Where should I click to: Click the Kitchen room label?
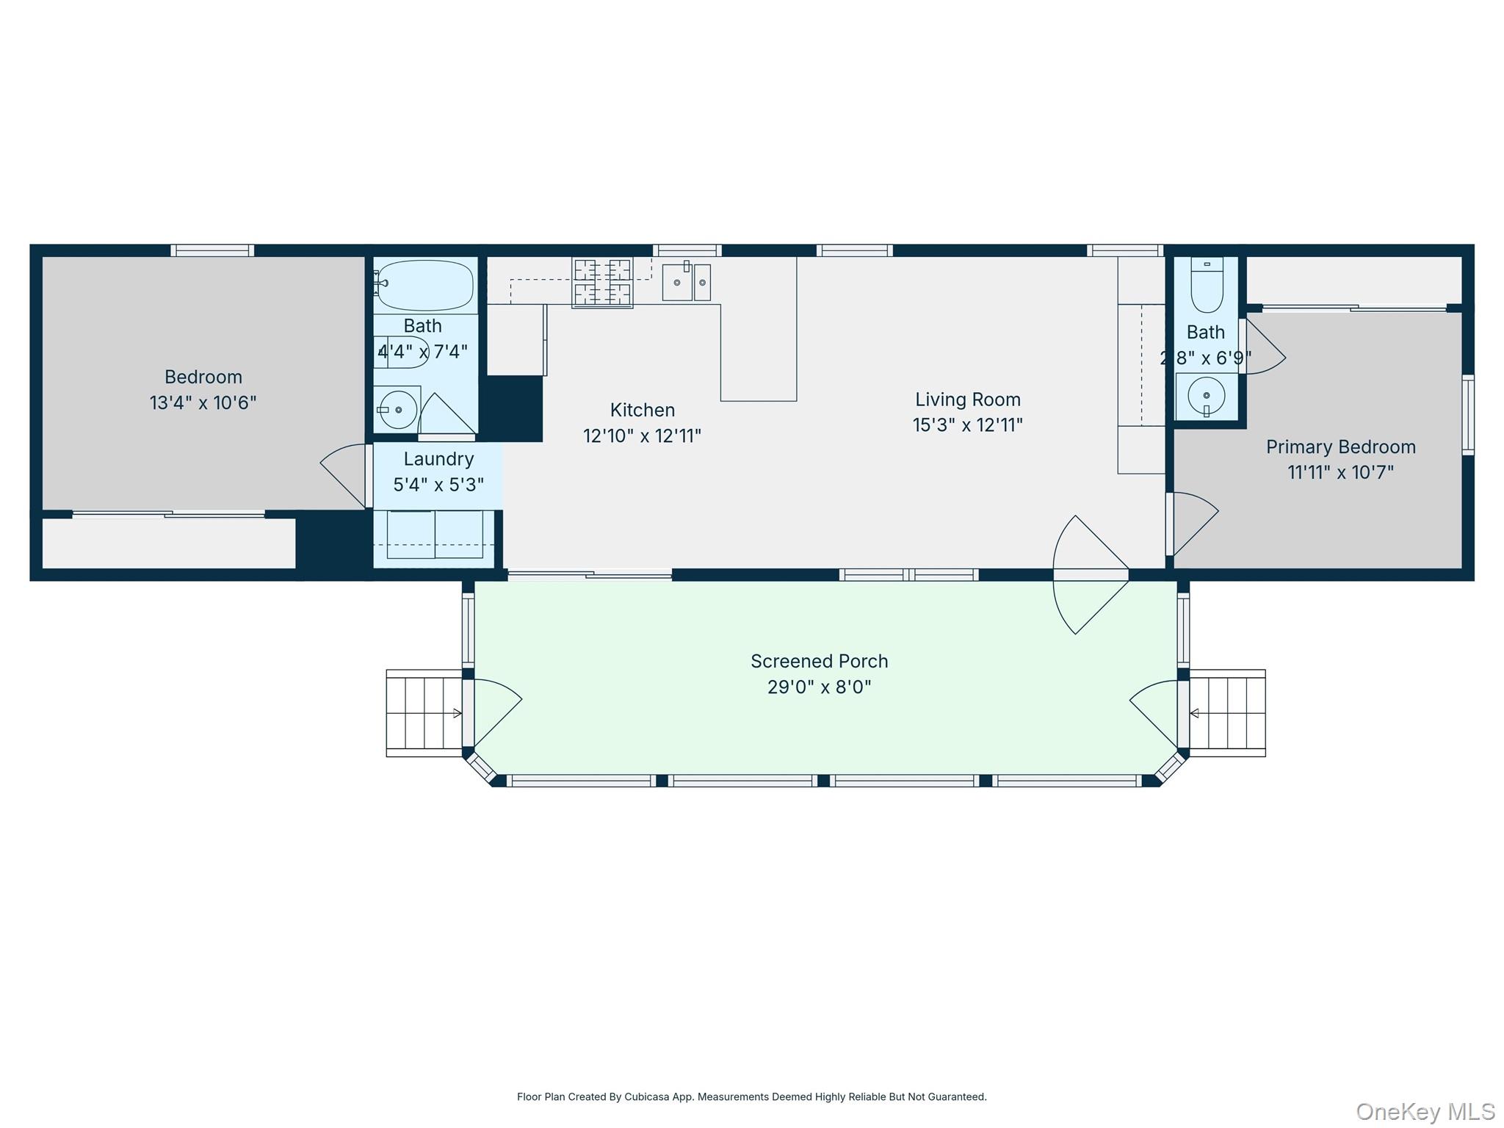(x=642, y=410)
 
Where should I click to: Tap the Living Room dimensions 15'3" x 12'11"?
(x=967, y=425)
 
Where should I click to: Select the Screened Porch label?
(x=819, y=661)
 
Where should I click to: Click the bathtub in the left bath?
(x=425, y=286)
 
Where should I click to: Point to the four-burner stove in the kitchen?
(x=602, y=283)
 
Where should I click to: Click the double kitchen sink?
(x=686, y=283)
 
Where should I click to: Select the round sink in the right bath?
(x=1206, y=396)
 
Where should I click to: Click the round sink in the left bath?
(x=397, y=409)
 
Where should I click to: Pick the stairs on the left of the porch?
(x=424, y=712)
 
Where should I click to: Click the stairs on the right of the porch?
(x=1227, y=712)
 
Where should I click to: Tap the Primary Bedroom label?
(x=1340, y=446)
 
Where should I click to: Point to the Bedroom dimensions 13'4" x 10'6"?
(x=203, y=402)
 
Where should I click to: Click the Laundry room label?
(x=438, y=459)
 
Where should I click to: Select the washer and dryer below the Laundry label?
(x=435, y=535)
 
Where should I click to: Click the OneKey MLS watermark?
(x=1425, y=1111)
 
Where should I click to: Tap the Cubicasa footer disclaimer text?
(x=751, y=1096)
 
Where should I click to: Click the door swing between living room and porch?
(x=1090, y=574)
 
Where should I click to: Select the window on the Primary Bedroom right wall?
(x=1467, y=415)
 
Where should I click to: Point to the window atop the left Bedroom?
(x=212, y=250)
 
